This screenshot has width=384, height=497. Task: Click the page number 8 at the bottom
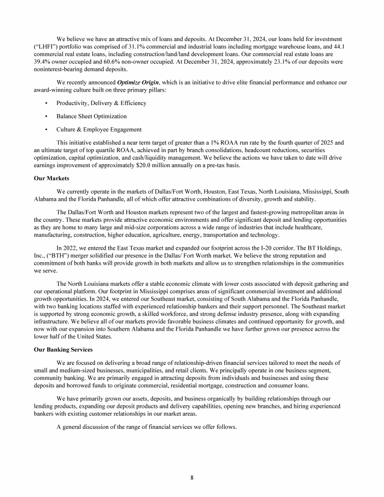click(x=192, y=477)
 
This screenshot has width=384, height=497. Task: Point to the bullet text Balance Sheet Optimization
click(x=91, y=116)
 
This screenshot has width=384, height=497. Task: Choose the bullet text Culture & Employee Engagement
click(x=99, y=130)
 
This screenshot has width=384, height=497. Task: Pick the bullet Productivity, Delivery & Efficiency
click(x=101, y=103)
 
